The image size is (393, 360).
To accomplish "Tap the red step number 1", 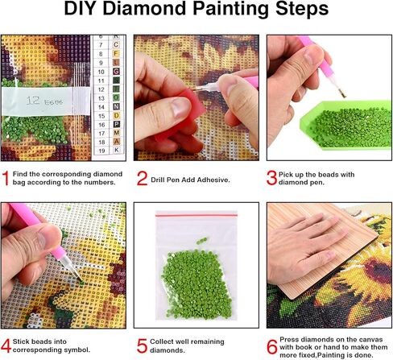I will point(6,173).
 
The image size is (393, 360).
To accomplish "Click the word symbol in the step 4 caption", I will point(93,350).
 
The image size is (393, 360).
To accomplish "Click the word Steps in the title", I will point(274,11).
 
